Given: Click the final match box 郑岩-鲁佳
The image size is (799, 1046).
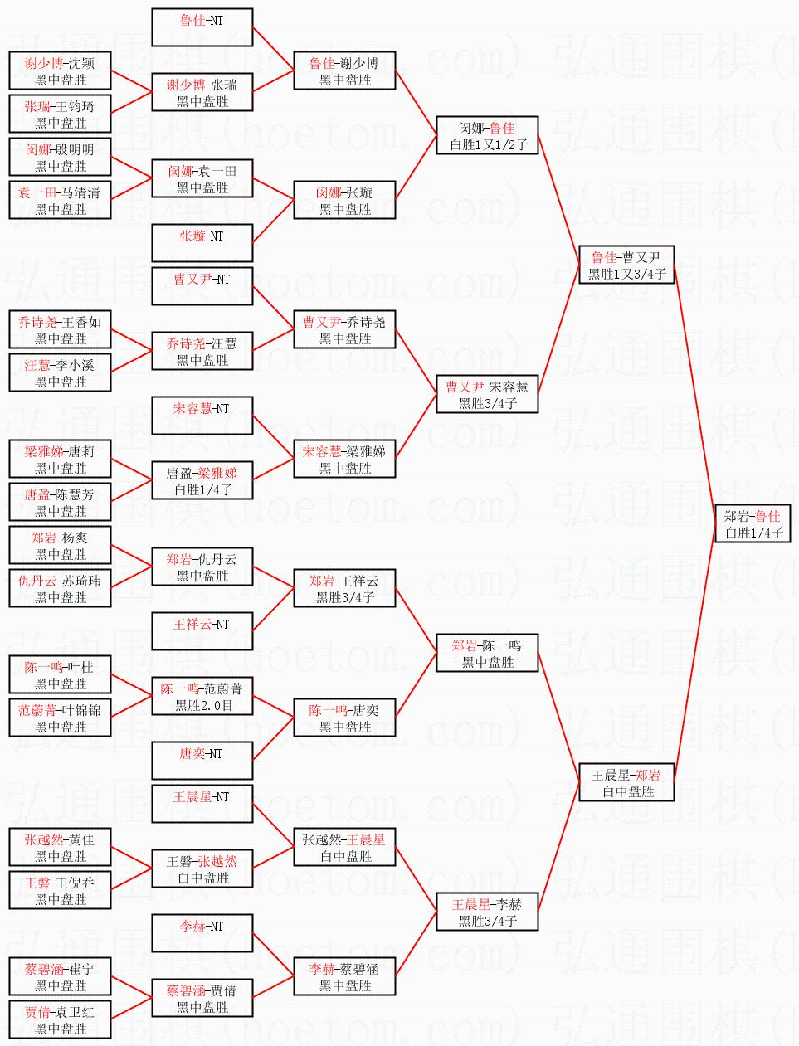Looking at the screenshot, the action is click(x=753, y=523).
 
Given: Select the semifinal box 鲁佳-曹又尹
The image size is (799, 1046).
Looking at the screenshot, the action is click(x=626, y=265).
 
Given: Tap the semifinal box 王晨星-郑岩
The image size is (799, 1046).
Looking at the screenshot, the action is click(x=626, y=782).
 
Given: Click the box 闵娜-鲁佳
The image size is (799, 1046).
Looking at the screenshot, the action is click(x=487, y=135).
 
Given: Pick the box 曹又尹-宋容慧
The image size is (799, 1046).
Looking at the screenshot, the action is click(x=487, y=394).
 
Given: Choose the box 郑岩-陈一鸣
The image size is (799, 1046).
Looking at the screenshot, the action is click(x=487, y=653).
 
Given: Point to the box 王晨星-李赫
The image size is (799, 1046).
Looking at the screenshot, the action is click(x=487, y=912).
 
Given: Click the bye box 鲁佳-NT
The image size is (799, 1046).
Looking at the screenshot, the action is click(x=202, y=27).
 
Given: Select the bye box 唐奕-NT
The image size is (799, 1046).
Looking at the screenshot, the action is click(x=202, y=761).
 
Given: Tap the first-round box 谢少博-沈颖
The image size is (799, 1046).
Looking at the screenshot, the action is click(x=60, y=71).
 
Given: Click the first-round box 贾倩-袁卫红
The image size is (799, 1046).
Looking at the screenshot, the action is click(x=60, y=1019).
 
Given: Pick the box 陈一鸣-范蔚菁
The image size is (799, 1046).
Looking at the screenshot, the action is click(x=202, y=696).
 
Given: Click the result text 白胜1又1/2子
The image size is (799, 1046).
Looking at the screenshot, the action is click(x=489, y=144).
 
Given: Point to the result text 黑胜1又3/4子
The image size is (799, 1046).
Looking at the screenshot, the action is click(x=627, y=274).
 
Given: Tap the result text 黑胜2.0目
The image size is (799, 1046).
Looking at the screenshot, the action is click(x=203, y=705).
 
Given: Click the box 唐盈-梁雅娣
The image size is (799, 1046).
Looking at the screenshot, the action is click(x=202, y=480).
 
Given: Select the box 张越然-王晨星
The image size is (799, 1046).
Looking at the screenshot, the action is click(x=344, y=847).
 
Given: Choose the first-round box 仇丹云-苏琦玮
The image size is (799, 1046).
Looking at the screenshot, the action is click(x=60, y=588).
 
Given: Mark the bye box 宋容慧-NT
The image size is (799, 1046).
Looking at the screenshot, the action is click(x=202, y=416).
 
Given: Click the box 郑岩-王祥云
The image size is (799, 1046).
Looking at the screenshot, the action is click(x=344, y=588).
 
